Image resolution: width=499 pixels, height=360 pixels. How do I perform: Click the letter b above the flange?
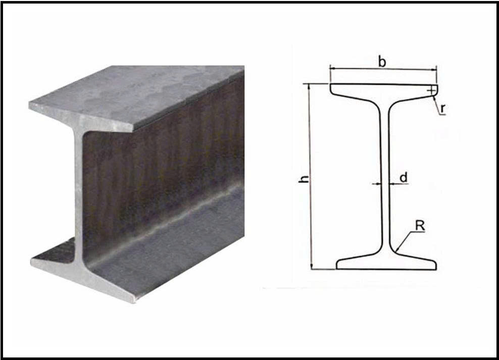[x=382, y=61]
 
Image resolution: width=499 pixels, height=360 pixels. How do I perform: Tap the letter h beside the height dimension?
[x=304, y=179]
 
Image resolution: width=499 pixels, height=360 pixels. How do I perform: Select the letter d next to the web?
[x=404, y=177]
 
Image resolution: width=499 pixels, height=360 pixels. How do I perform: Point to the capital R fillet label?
[x=420, y=226]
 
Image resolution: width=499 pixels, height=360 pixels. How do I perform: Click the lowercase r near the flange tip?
[x=442, y=108]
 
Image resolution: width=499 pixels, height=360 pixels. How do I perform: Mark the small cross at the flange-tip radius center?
[x=431, y=91]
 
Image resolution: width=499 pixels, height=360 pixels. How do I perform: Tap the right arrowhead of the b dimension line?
[x=434, y=69]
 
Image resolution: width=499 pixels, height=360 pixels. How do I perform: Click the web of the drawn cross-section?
[x=385, y=178]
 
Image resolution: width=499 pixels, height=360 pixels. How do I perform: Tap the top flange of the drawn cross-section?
[x=383, y=91]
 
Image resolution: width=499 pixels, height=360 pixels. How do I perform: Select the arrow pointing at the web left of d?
[x=376, y=183]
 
